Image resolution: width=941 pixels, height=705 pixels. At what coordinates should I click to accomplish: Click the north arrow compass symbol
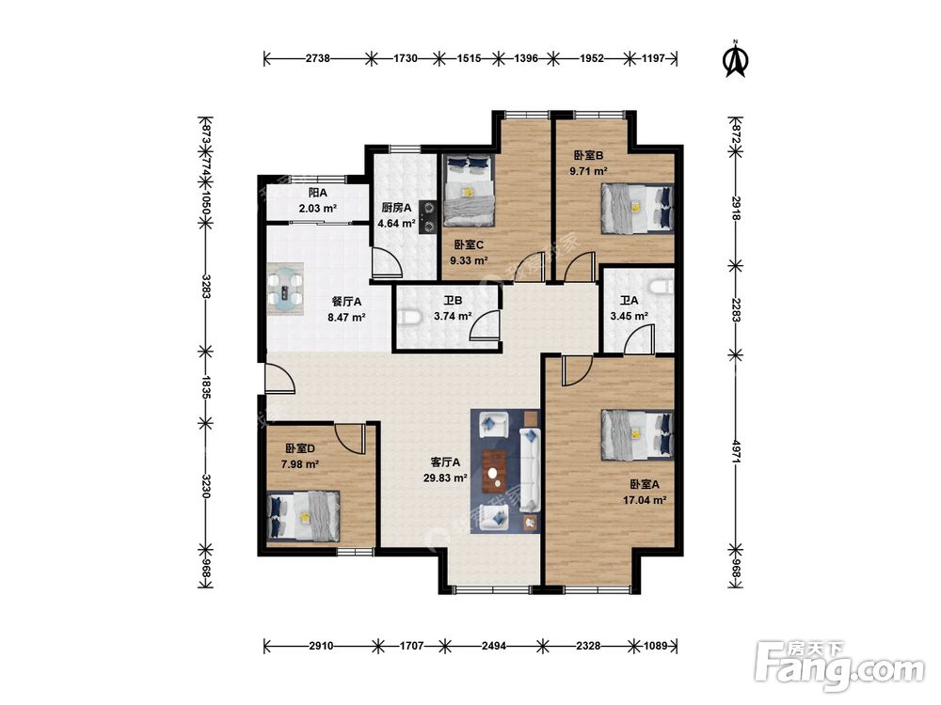(x=736, y=58)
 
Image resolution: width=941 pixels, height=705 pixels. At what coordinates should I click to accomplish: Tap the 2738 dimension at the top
(x=317, y=58)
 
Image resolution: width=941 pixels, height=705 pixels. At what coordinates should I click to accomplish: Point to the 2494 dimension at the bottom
(x=494, y=646)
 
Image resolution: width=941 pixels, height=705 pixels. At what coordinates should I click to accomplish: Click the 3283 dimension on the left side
(x=206, y=287)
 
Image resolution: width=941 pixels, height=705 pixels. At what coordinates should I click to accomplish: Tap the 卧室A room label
(x=645, y=484)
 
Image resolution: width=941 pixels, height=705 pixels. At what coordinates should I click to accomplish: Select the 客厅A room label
(x=445, y=462)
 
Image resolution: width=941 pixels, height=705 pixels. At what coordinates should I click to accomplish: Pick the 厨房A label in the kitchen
(x=397, y=208)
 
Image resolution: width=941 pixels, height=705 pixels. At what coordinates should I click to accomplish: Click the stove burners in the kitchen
(x=428, y=216)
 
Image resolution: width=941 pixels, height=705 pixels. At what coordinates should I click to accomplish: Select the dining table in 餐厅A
(x=286, y=289)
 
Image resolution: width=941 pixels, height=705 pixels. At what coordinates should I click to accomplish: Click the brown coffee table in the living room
(x=495, y=472)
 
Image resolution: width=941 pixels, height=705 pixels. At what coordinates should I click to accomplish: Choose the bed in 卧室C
(x=469, y=190)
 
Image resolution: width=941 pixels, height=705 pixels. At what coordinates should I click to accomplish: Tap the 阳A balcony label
(x=317, y=193)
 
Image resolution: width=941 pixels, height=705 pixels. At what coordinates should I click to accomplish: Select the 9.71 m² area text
(x=588, y=171)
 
